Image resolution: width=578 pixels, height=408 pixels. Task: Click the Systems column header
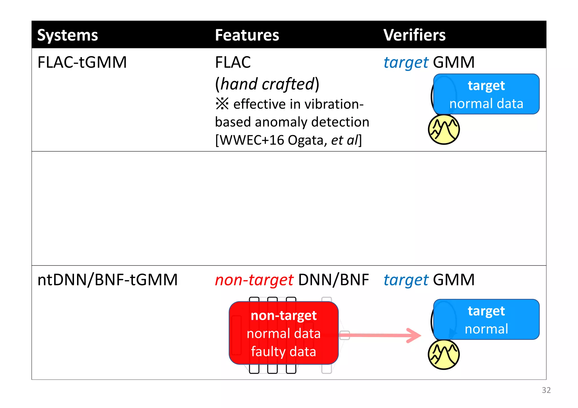click(67, 35)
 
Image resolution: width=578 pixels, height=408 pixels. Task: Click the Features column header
click(247, 35)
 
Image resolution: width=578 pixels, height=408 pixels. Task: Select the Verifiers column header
click(414, 35)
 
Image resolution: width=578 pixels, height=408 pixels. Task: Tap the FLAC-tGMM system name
click(82, 62)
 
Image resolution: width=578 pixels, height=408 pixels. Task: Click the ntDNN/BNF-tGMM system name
click(108, 280)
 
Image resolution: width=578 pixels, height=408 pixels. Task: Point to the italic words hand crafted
click(267, 84)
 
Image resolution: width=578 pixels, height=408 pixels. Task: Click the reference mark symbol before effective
click(222, 104)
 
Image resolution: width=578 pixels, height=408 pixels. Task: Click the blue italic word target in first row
click(406, 62)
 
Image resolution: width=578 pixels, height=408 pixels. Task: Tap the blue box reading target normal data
click(486, 94)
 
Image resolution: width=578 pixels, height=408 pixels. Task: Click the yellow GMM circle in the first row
click(444, 130)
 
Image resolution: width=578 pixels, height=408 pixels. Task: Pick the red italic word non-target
click(254, 280)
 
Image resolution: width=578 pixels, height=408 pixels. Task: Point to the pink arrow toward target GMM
click(381, 335)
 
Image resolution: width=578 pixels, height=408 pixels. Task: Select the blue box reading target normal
click(486, 320)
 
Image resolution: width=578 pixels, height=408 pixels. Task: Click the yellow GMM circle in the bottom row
click(444, 355)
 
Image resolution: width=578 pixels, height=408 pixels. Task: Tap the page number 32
click(546, 390)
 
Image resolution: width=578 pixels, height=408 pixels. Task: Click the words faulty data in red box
click(283, 352)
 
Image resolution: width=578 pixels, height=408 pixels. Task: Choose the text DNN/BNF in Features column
click(333, 280)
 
